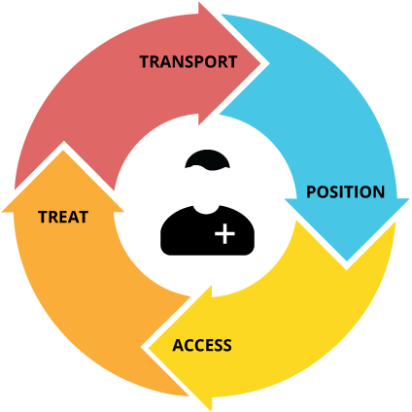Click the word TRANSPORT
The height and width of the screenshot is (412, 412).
point(188,62)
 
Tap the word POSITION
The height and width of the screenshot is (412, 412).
point(345,191)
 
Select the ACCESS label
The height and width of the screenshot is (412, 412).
point(202,346)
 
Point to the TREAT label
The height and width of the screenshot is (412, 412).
point(63,217)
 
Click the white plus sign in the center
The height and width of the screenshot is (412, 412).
point(224,233)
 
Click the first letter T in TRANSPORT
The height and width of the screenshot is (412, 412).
point(144,62)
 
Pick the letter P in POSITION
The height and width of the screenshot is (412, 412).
point(312,191)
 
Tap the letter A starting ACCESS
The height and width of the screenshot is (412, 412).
point(178,346)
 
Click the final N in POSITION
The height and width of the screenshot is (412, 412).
point(379,191)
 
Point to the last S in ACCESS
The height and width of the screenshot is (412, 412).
point(227,346)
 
